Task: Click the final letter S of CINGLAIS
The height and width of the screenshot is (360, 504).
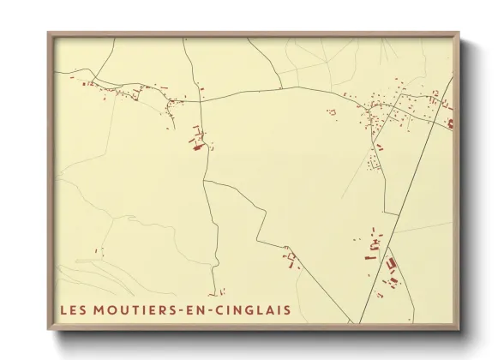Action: pyautogui.click(x=286, y=309)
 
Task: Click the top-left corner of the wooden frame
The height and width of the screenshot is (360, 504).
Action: pyautogui.click(x=48, y=33)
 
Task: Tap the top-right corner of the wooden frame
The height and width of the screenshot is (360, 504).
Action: pyautogui.click(x=459, y=33)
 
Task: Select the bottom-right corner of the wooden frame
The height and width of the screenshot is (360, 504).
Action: pyautogui.click(x=459, y=331)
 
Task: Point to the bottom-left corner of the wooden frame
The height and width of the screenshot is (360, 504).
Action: pyautogui.click(x=48, y=331)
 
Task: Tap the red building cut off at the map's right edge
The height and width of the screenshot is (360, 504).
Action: pyautogui.click(x=450, y=123)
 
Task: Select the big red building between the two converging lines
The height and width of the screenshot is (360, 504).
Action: pyautogui.click(x=392, y=264)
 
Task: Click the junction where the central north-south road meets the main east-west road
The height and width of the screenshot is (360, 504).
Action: pyautogui.click(x=202, y=100)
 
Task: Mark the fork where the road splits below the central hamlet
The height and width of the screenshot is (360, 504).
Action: pyautogui.click(x=204, y=182)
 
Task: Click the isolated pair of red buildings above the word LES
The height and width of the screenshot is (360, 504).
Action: pyautogui.click(x=99, y=251)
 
